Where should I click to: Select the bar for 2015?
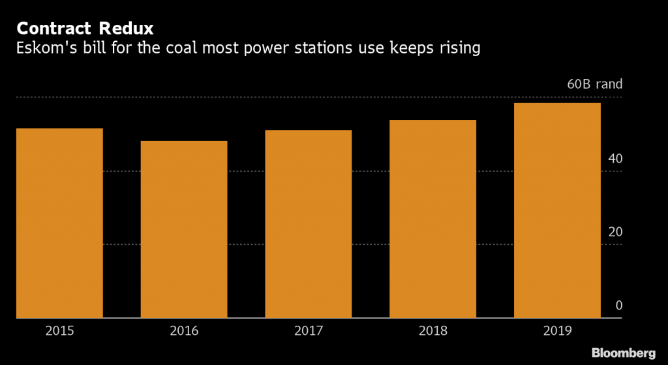(59, 223)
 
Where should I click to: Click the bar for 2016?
(184, 229)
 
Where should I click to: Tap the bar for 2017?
(309, 224)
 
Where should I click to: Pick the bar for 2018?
(433, 219)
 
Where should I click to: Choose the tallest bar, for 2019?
(557, 210)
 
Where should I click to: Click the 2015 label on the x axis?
(59, 331)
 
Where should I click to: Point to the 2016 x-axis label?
(184, 331)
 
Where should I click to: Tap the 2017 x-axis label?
(309, 331)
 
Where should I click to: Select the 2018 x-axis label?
(433, 331)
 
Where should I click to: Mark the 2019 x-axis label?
(557, 331)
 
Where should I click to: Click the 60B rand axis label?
(594, 84)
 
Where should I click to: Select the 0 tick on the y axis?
(618, 306)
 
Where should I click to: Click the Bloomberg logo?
(623, 353)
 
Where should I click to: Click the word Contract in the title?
(55, 29)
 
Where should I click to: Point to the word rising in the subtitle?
(459, 48)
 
